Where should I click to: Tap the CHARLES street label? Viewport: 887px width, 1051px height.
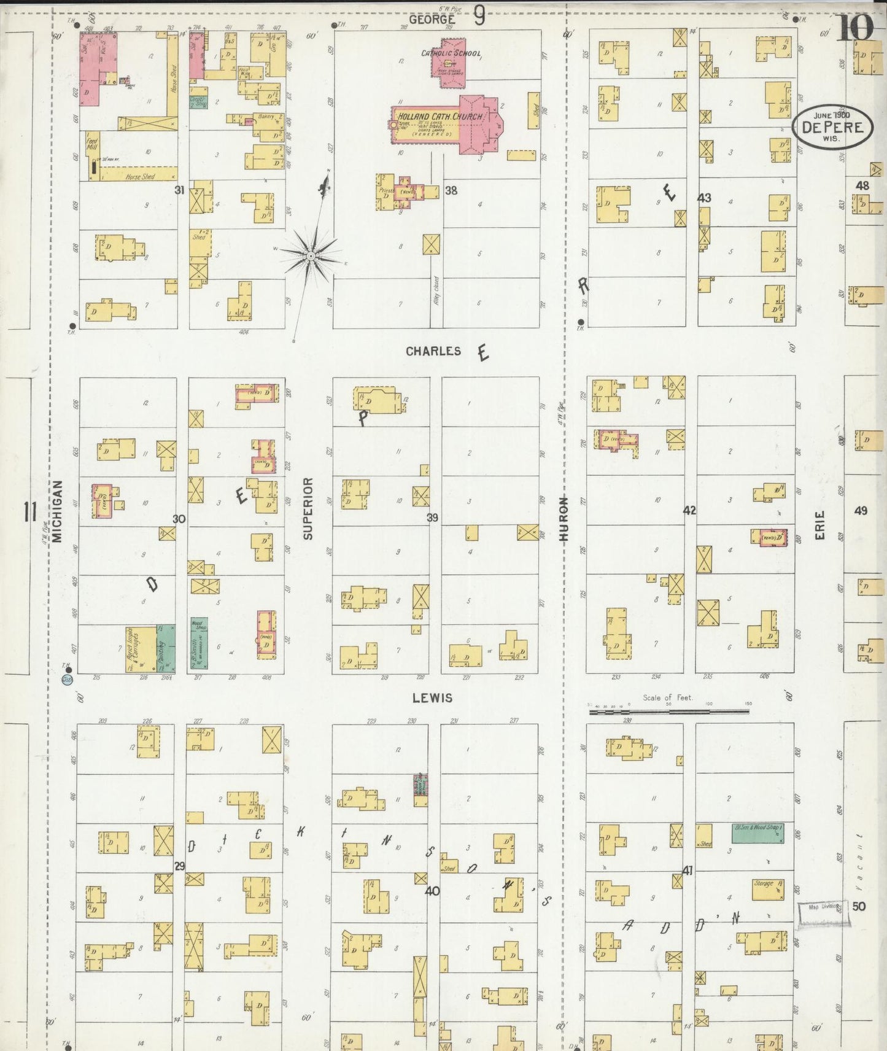pyautogui.click(x=433, y=351)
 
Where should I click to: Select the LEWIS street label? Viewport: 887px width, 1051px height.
pyautogui.click(x=432, y=697)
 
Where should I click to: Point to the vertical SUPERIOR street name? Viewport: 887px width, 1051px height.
pyautogui.click(x=308, y=508)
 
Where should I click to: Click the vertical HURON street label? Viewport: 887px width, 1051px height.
pyautogui.click(x=564, y=519)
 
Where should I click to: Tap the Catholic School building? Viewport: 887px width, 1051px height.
pyautogui.click(x=452, y=61)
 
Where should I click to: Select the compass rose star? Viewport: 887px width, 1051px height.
pyautogui.click(x=311, y=254)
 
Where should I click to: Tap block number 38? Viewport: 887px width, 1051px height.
pyautogui.click(x=451, y=190)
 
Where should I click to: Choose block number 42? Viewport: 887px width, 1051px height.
pyautogui.click(x=689, y=510)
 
